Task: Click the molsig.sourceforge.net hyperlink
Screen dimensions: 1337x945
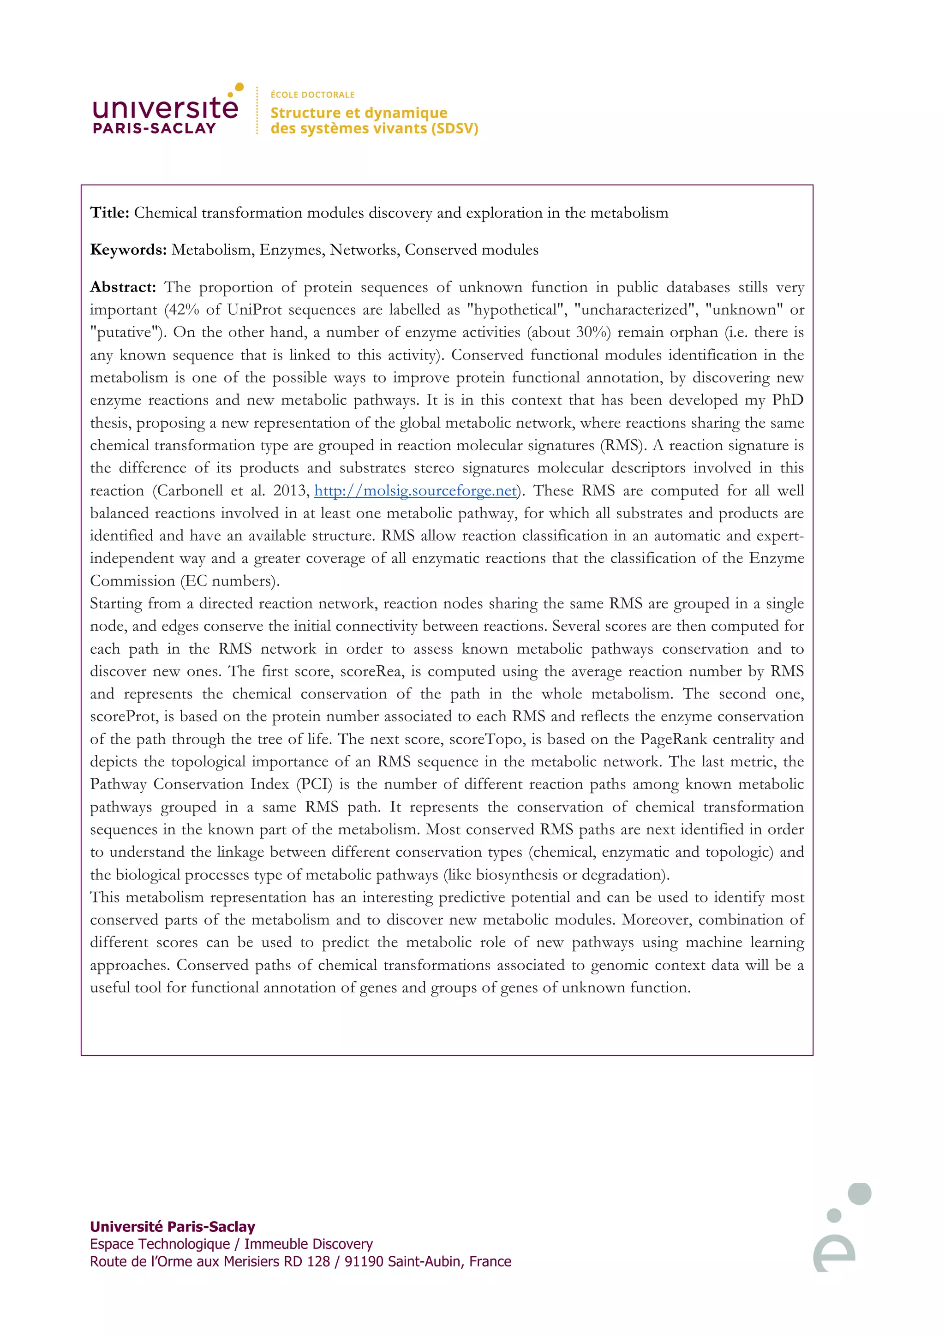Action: click(415, 490)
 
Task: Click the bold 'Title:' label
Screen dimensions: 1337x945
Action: click(109, 213)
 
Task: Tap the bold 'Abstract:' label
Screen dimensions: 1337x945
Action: click(123, 287)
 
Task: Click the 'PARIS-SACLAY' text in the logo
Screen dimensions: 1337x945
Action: click(154, 129)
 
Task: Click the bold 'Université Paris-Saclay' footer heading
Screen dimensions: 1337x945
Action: click(173, 1226)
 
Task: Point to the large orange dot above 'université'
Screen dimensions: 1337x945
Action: click(239, 87)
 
